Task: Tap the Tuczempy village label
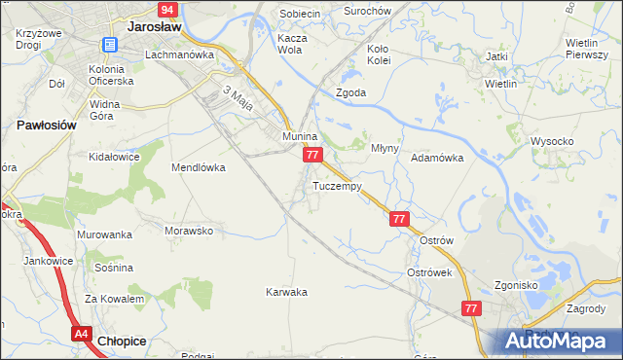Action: (x=338, y=186)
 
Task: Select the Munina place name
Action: (x=301, y=138)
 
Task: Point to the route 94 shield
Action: (x=167, y=10)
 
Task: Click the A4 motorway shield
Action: (x=81, y=334)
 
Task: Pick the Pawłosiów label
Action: (x=47, y=126)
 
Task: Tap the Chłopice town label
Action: (x=124, y=342)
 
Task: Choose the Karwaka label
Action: (x=287, y=292)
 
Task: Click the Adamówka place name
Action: (x=436, y=157)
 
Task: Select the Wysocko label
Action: (x=552, y=141)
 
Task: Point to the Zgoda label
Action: (x=350, y=93)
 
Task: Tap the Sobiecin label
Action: (x=300, y=14)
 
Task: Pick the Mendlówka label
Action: (x=199, y=167)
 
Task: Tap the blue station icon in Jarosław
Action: (x=109, y=44)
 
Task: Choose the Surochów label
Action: (x=368, y=11)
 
